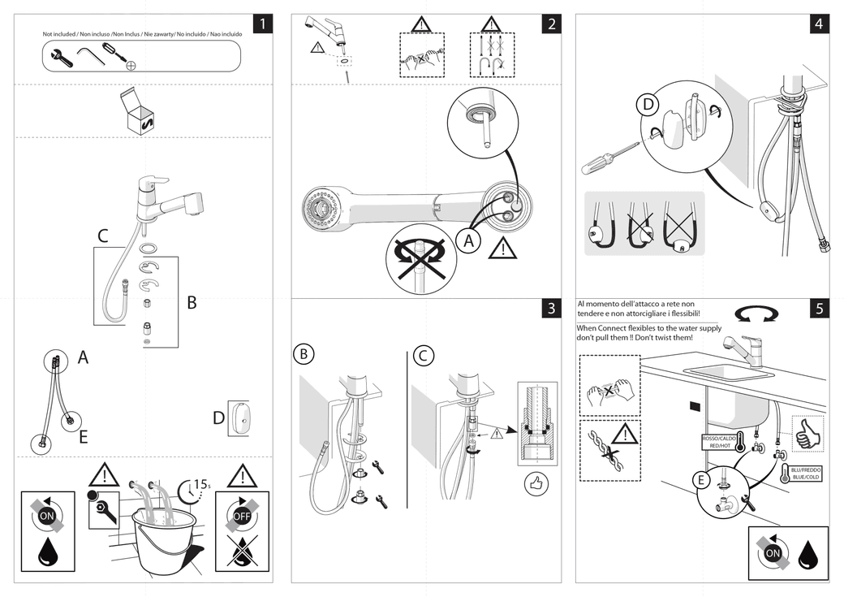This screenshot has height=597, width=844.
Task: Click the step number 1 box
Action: pos(263,24)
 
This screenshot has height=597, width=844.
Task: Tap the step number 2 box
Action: pos(551,24)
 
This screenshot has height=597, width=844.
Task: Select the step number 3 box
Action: pos(551,308)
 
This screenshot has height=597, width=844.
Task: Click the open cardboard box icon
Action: pos(137,114)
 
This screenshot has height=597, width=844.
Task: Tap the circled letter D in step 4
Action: pos(648,105)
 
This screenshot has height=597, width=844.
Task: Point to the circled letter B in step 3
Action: pos(303,355)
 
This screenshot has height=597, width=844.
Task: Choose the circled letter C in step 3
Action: pos(424,355)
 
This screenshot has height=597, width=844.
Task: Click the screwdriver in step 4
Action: pos(607,158)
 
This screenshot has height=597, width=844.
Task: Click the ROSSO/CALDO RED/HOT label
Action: pos(720,443)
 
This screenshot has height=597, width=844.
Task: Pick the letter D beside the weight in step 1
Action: pos(218,418)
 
